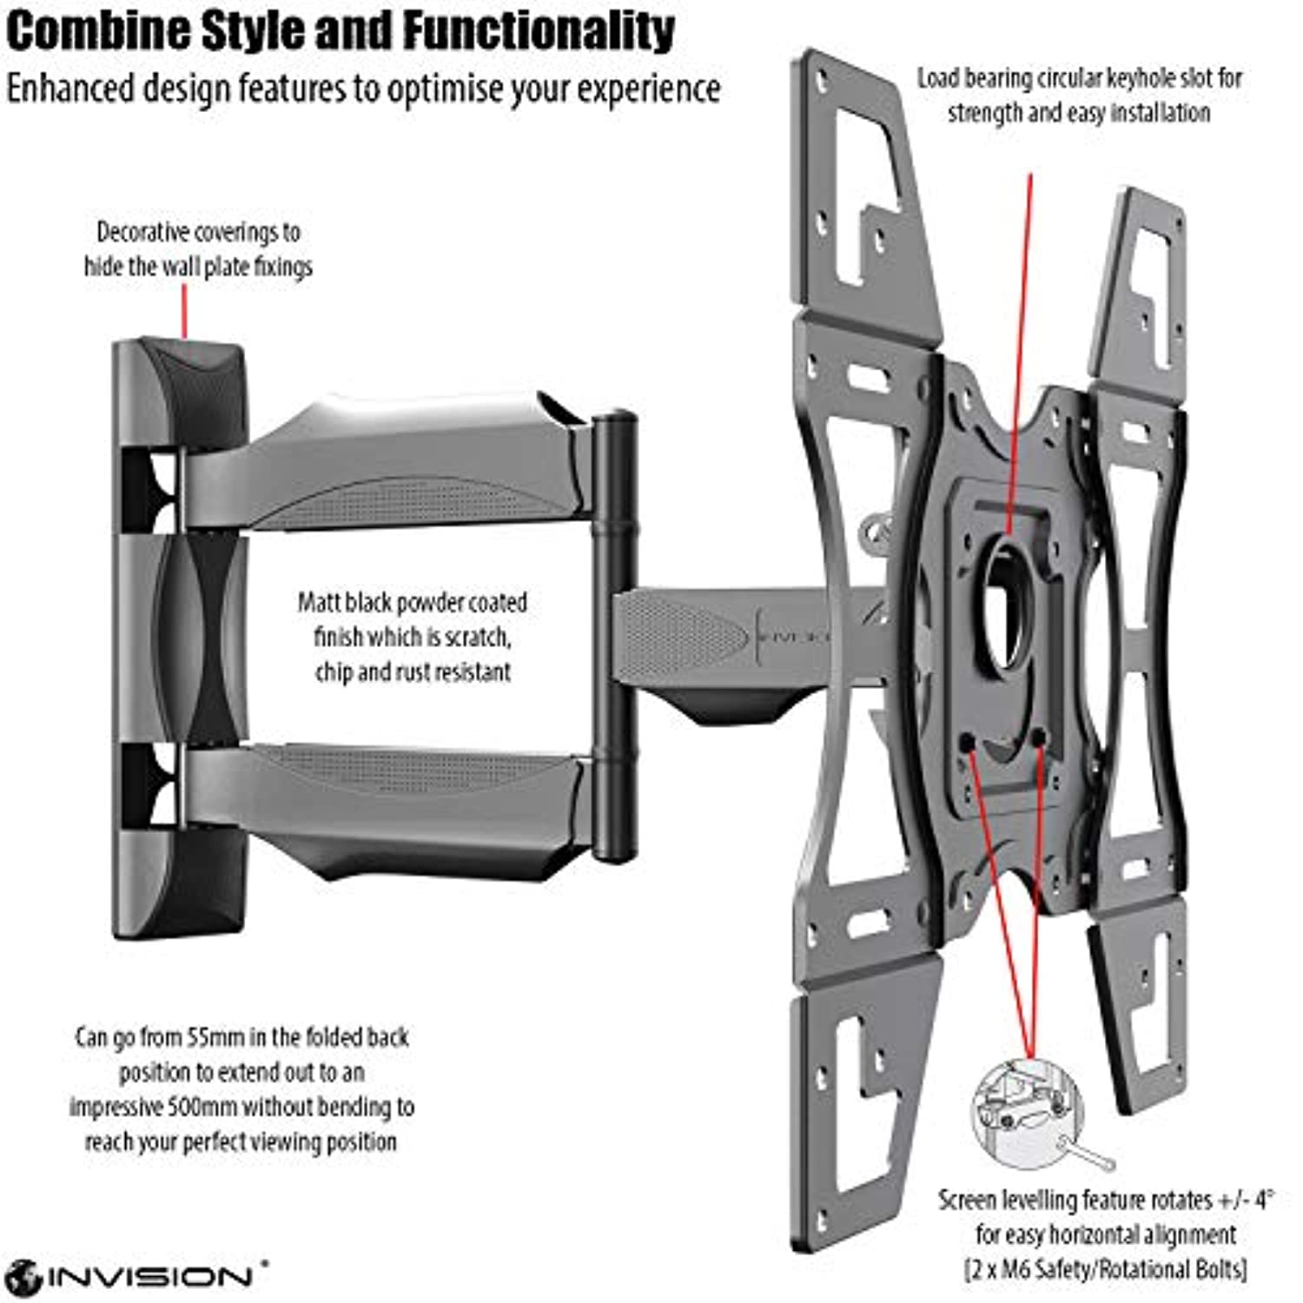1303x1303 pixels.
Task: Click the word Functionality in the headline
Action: point(539,31)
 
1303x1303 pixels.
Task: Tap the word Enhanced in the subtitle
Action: point(69,89)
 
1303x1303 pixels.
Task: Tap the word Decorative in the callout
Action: point(143,233)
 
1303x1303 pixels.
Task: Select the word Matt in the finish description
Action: point(320,603)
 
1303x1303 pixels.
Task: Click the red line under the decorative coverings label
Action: point(184,311)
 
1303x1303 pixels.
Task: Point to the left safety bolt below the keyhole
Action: point(967,743)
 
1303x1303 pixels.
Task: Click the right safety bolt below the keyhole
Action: point(1038,738)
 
